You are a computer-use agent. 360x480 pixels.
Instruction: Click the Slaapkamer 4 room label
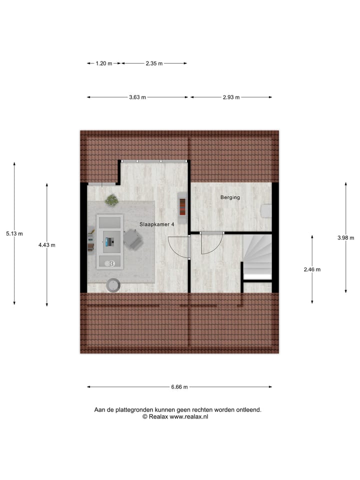(x=157, y=224)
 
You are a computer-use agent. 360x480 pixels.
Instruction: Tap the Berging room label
(x=230, y=197)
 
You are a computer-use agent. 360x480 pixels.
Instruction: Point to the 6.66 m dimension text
(x=179, y=386)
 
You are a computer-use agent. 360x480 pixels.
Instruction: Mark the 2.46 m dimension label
(x=312, y=269)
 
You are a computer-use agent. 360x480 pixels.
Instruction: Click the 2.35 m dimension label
(x=154, y=63)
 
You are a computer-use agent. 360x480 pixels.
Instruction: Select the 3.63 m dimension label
(x=137, y=97)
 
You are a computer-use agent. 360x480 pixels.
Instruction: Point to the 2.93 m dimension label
(x=231, y=97)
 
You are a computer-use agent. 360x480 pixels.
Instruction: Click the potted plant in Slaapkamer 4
(x=111, y=200)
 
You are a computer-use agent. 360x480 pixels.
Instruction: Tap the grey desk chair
(x=132, y=239)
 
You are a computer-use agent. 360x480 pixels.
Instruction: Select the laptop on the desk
(x=109, y=242)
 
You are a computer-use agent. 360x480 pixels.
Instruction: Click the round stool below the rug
(x=114, y=284)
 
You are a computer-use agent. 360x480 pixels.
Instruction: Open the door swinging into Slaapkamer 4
(x=178, y=246)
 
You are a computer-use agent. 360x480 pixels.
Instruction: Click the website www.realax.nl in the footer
(x=189, y=416)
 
